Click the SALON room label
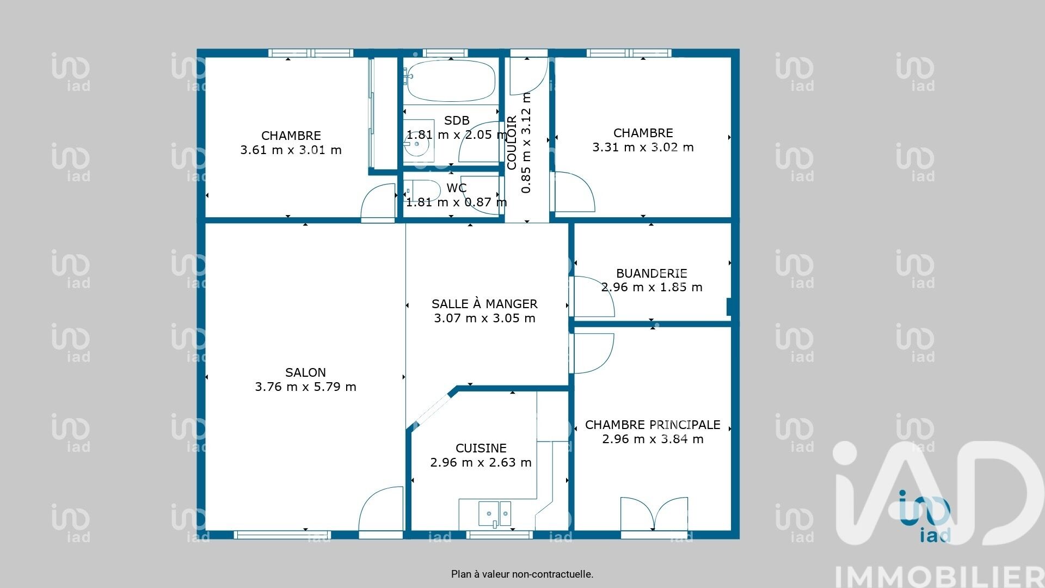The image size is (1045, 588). click(x=305, y=372)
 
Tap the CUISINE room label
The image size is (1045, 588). click(x=481, y=448)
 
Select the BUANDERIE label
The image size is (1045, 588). click(x=651, y=273)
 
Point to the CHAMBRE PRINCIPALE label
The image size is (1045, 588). click(x=653, y=425)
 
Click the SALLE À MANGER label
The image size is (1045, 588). click(x=484, y=304)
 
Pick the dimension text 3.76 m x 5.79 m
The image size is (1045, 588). click(x=305, y=387)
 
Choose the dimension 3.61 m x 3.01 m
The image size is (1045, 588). click(x=291, y=150)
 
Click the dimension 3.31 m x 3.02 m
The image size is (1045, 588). click(x=643, y=147)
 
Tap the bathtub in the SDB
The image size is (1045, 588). click(x=451, y=81)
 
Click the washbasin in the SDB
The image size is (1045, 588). click(x=419, y=140)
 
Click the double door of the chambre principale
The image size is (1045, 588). click(x=654, y=513)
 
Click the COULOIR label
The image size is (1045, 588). click(x=512, y=143)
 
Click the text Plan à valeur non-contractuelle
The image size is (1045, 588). click(x=522, y=574)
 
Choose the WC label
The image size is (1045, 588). click(x=457, y=188)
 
